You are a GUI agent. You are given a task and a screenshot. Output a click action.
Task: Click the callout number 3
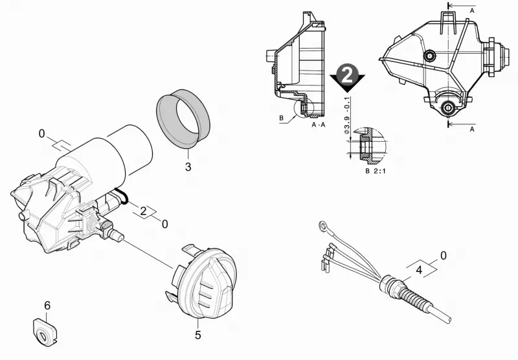click(188, 167)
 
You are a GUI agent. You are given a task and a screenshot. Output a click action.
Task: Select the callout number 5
click(198, 335)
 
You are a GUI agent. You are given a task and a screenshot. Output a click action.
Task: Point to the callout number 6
click(47, 306)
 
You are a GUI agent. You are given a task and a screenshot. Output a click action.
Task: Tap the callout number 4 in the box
click(419, 270)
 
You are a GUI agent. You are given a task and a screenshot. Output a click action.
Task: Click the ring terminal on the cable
click(322, 226)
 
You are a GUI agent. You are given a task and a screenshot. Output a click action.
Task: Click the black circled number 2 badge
click(347, 76)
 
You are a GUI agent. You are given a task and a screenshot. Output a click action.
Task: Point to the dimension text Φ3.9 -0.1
click(347, 116)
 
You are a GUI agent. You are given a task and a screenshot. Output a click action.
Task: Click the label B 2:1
click(376, 171)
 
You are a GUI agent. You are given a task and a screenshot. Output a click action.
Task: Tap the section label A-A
click(319, 124)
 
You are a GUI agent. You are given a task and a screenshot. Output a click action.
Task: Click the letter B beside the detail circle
click(282, 118)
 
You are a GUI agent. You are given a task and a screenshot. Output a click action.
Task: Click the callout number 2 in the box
click(143, 211)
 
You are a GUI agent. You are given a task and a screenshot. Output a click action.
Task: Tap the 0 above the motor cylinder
click(41, 134)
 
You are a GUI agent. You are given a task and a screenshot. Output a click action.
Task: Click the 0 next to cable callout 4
click(444, 256)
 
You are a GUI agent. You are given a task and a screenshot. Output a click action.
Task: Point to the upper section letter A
click(472, 10)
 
